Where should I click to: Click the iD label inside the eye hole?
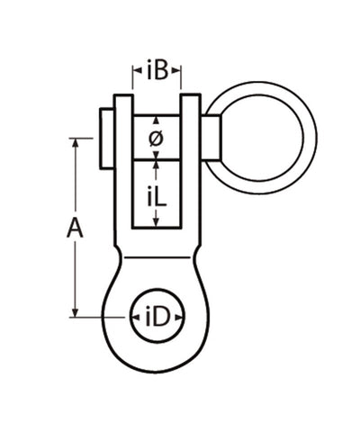[157, 316]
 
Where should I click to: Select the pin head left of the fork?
[103, 137]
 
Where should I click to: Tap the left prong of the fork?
[123, 162]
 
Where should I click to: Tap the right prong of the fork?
[191, 162]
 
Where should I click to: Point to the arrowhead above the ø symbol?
[157, 121]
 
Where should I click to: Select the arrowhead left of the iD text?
[135, 316]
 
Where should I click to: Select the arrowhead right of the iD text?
[178, 316]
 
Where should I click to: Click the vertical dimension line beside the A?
[75, 270]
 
